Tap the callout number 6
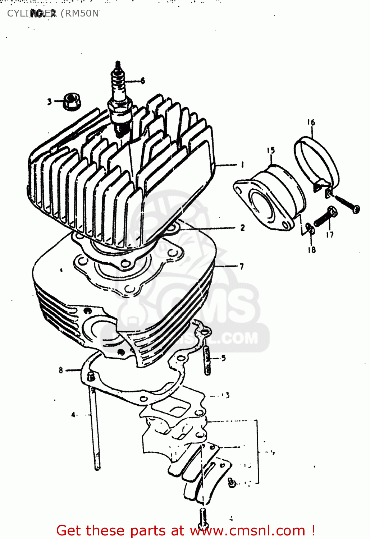click(142, 81)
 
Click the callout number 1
click(242, 165)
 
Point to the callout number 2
click(242, 227)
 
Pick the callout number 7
click(242, 266)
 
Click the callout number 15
click(271, 150)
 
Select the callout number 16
click(311, 123)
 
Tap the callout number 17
click(330, 235)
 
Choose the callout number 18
click(311, 249)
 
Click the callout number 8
click(61, 370)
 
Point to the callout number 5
click(223, 358)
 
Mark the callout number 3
click(49, 102)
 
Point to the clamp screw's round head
click(356, 208)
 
